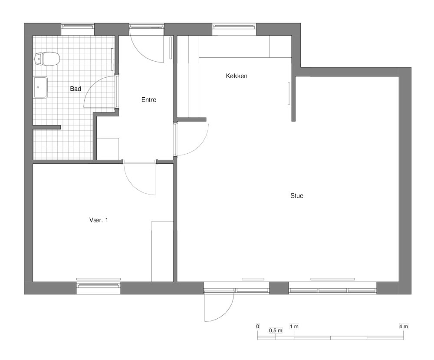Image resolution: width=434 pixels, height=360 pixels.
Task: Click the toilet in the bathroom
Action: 47,59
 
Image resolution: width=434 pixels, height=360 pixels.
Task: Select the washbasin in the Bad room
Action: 40,87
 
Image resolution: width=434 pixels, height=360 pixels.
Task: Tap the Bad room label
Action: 76,89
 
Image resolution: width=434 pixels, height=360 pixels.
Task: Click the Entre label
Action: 149,100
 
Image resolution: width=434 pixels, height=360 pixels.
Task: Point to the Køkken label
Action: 237,76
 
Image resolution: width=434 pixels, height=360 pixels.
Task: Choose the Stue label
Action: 297,196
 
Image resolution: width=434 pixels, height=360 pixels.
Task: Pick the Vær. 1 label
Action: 99,220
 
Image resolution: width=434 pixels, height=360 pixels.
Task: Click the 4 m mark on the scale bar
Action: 404,327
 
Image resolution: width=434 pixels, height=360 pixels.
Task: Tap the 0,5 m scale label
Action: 276,330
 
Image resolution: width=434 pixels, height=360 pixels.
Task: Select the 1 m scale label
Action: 294,327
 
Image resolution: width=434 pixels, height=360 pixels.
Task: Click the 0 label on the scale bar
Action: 258,327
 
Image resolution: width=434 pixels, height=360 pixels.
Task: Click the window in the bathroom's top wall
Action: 78,26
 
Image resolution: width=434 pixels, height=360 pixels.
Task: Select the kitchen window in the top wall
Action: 234,26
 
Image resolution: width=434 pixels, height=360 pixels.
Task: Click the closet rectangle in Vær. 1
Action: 162,252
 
